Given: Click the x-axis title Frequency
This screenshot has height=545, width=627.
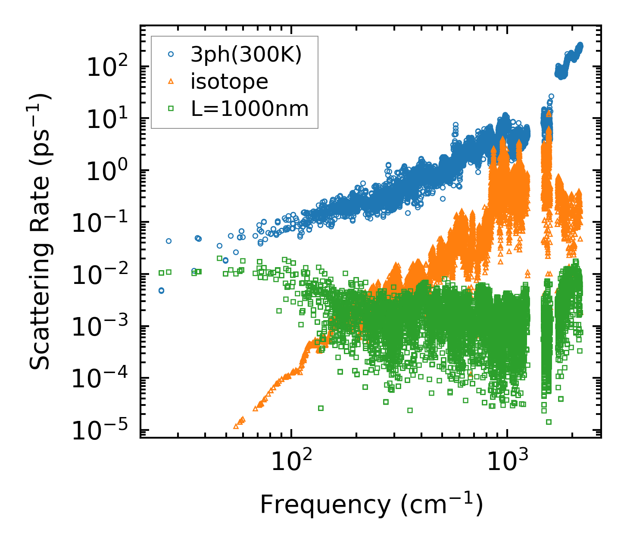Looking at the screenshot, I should (371, 505).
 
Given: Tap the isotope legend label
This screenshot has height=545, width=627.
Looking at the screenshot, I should (229, 82).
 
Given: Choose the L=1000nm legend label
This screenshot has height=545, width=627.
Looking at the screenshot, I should (250, 109).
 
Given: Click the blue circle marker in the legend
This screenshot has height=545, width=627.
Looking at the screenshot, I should (171, 55).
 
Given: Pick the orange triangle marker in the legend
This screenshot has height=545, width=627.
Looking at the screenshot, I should (171, 81).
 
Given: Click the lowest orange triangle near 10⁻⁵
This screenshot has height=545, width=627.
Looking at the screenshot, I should (236, 426).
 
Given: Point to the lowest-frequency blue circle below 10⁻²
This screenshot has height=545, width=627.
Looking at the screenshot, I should (161, 291).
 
